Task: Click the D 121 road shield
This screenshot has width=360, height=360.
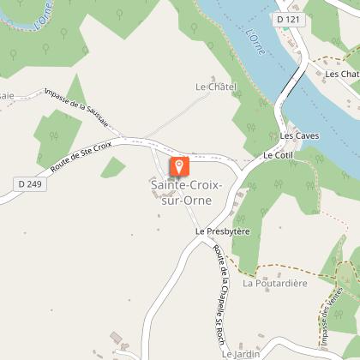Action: point(288,18)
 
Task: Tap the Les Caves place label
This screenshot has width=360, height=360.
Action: point(299,136)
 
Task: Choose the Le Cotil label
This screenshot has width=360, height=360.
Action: point(279,155)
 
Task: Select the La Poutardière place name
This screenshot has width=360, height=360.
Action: point(275,283)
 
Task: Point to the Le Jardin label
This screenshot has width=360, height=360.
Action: point(239,352)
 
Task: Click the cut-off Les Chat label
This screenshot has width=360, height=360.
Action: point(342,74)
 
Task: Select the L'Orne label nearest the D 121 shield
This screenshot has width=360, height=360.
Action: point(255,42)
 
